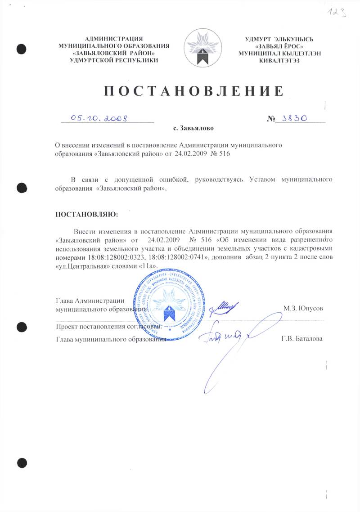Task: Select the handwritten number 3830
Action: [292, 118]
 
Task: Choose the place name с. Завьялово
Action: [193, 128]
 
